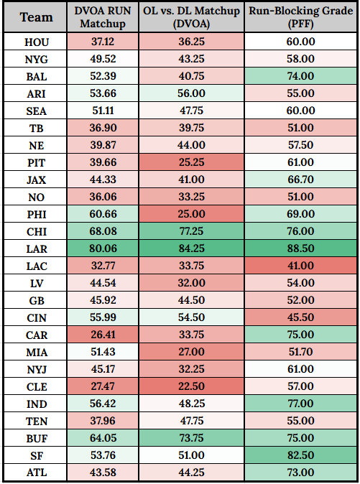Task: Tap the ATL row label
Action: tap(36, 471)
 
